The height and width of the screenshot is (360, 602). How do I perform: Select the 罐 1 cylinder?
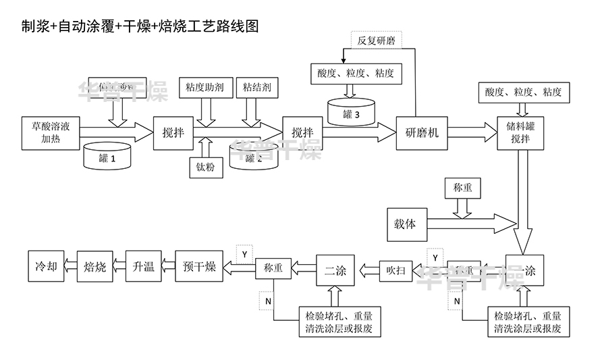pyautogui.click(x=107, y=157)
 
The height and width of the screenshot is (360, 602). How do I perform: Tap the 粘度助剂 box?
pyautogui.click(x=204, y=87)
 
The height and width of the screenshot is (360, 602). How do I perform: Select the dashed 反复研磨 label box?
pyautogui.click(x=376, y=40)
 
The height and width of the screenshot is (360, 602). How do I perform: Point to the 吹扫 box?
pyautogui.click(x=395, y=270)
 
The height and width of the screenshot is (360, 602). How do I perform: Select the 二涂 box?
pyautogui.click(x=335, y=271)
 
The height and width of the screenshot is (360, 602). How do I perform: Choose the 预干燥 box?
pyautogui.click(x=199, y=267)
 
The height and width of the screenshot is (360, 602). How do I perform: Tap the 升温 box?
pyautogui.click(x=144, y=267)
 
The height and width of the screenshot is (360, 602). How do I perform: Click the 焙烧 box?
pyautogui.click(x=94, y=267)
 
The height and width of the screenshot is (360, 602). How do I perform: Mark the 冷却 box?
pyautogui.click(x=42, y=267)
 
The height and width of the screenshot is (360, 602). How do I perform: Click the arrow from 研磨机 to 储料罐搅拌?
pyautogui.click(x=472, y=132)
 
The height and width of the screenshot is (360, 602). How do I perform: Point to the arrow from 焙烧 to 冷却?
pyautogui.click(x=68, y=267)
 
